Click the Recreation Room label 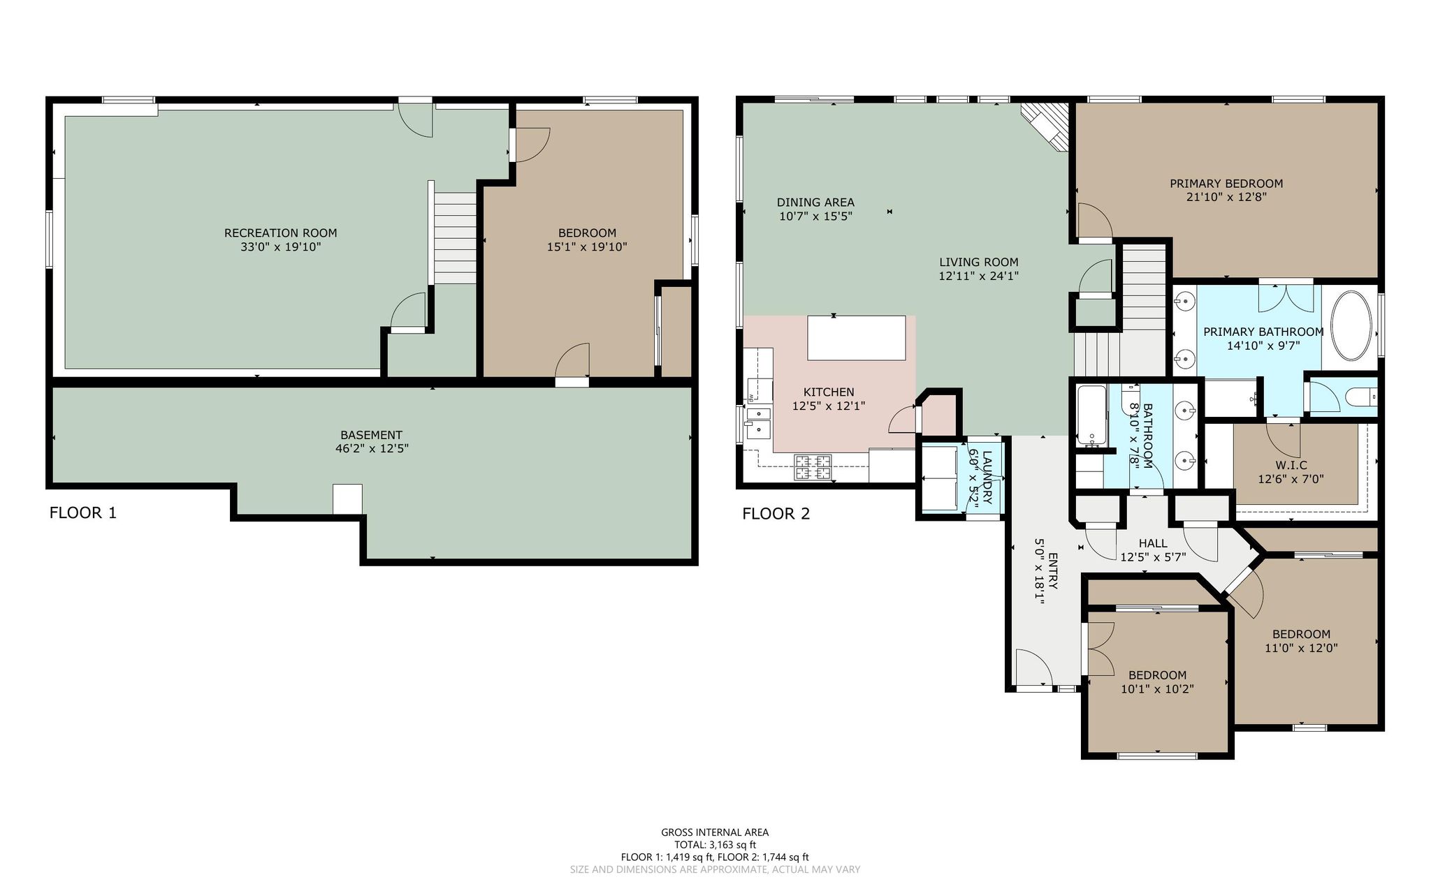(280, 233)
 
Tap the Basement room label (371, 435)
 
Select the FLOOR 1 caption (83, 513)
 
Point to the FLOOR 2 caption (776, 515)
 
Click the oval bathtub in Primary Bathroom (1353, 326)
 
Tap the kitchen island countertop (857, 338)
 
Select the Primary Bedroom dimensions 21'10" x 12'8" (1226, 197)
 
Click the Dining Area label (815, 202)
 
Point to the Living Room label (978, 263)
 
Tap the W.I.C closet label (1291, 466)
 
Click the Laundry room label (987, 478)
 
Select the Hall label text (1153, 543)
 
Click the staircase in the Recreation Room (456, 238)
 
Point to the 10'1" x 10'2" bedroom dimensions (1157, 689)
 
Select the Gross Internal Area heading (715, 832)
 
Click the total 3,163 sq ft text (715, 845)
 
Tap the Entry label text (1053, 571)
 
